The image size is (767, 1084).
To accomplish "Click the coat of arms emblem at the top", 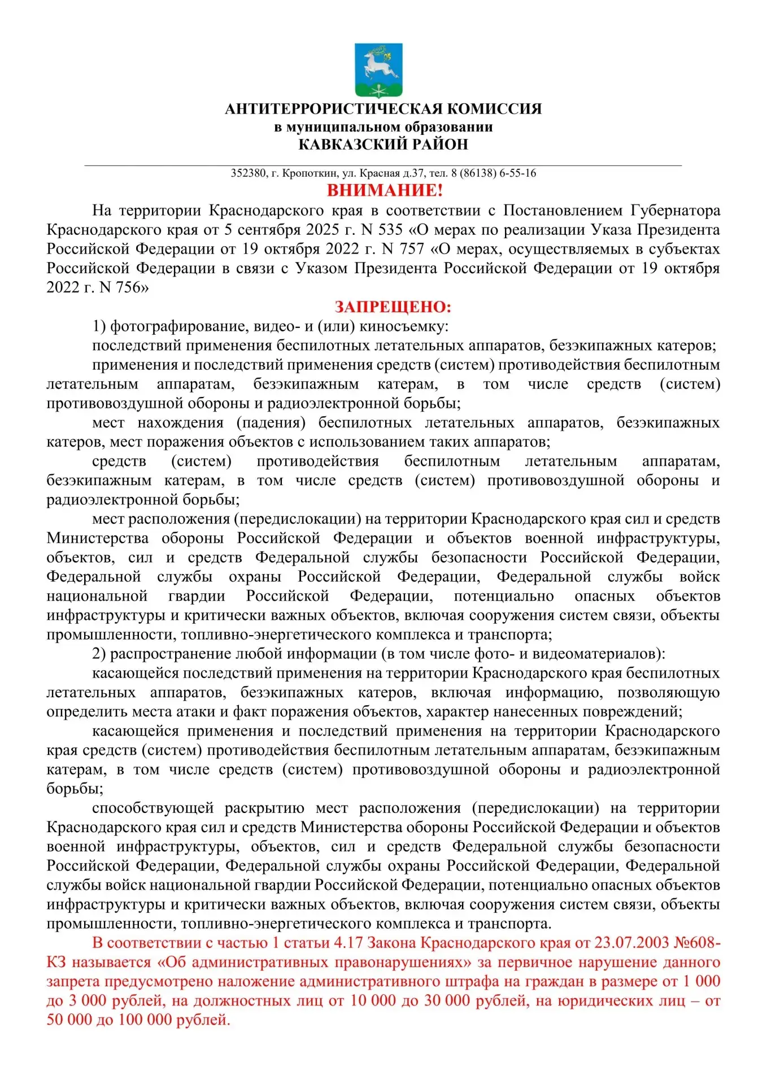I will pyautogui.click(x=378, y=70).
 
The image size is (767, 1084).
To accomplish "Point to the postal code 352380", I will pyautogui.click(x=248, y=173).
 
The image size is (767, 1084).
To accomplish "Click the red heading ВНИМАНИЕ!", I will pyautogui.click(x=385, y=190).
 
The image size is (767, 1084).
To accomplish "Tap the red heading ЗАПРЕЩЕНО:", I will pyautogui.click(x=393, y=307).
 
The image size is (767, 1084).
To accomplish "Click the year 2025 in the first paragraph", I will pyautogui.click(x=323, y=230).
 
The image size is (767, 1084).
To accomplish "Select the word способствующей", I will pyautogui.click(x=152, y=808).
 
